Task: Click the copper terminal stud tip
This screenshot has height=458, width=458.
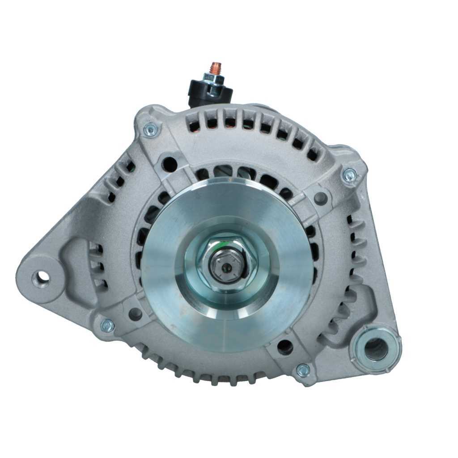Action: pos(216,68)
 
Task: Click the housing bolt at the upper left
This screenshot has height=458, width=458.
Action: pos(151,130)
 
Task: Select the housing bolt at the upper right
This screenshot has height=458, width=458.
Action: pos(349,175)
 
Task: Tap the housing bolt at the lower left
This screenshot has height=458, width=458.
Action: pos(107,326)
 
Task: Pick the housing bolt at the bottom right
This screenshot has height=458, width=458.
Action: pos(303,370)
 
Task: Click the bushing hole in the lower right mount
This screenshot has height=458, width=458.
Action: pos(376,349)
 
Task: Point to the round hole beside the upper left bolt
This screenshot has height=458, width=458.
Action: pos(170,164)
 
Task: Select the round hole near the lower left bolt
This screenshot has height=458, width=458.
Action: pos(135,314)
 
